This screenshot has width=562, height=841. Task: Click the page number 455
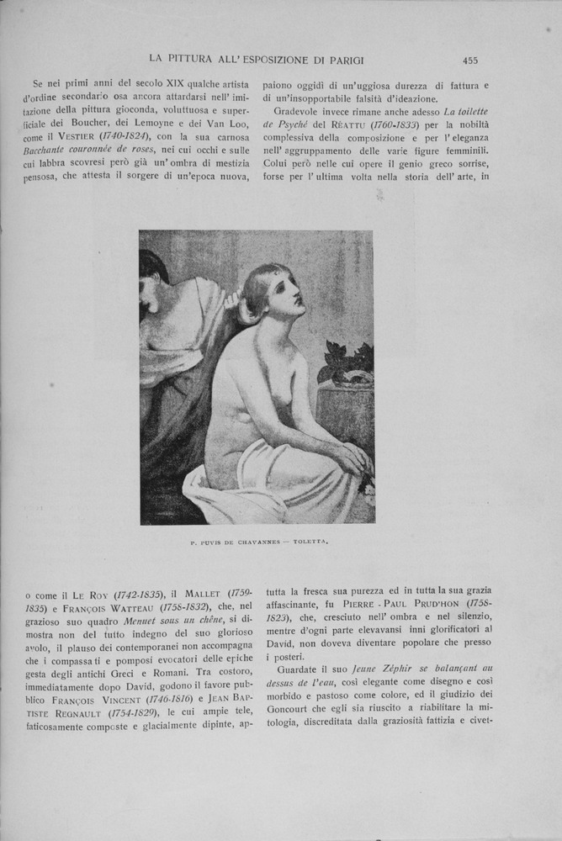tap(470, 60)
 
